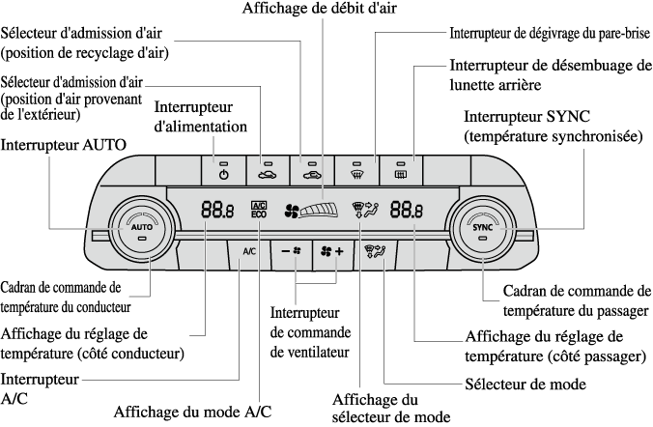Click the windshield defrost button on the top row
[x=356, y=172]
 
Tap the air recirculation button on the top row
[x=312, y=172]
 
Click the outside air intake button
[x=267, y=172]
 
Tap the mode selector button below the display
[x=374, y=251]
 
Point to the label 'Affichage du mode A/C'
[x=192, y=411]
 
